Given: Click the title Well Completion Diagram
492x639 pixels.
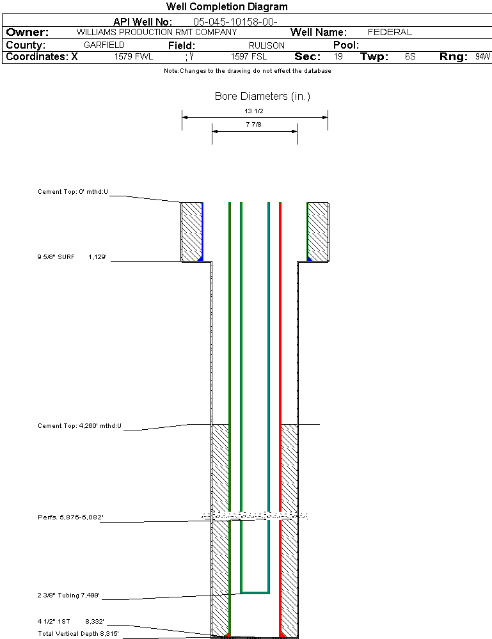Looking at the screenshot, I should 226,7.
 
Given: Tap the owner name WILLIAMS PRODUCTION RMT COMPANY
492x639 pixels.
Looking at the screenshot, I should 156,32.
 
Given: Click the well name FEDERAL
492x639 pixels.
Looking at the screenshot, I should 390,32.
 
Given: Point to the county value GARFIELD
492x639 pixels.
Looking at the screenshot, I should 104,45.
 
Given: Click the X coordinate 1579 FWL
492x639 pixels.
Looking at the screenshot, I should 134,57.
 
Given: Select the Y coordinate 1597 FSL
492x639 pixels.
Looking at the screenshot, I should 249,57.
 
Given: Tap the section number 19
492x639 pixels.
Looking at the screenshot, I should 338,57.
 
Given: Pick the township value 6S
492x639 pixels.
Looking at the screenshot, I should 410,57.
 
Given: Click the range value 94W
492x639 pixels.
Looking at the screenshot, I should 482,57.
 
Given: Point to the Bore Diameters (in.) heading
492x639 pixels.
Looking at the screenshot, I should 262,97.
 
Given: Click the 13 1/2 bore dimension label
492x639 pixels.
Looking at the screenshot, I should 254,111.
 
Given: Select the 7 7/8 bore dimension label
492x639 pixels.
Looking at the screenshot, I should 254,125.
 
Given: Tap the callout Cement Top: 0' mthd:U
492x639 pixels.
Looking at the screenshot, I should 73,191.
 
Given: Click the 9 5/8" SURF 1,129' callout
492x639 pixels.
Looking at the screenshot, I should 72,256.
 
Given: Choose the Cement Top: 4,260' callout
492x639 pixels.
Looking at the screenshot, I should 79,425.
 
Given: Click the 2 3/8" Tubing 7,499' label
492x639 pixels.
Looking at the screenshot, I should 68,596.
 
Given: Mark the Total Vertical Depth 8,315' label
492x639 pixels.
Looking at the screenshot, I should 78,633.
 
